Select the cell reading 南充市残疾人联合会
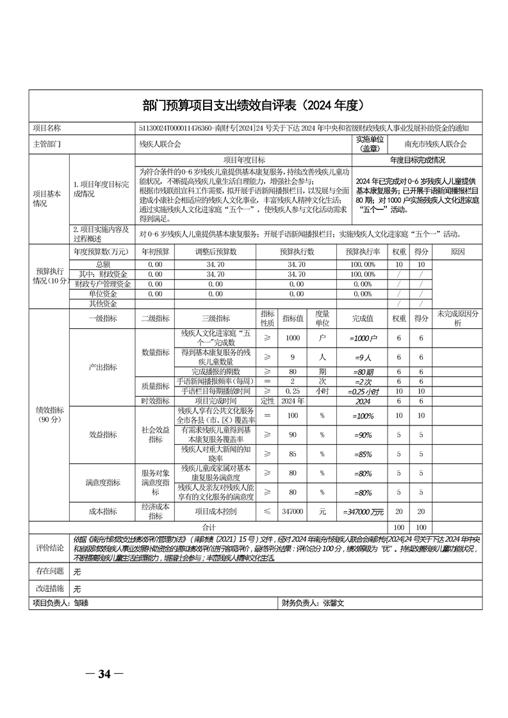pyautogui.click(x=435, y=144)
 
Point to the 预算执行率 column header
pyautogui.click(x=363, y=251)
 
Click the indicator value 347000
pyautogui.click(x=292, y=512)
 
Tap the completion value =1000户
pyautogui.click(x=363, y=337)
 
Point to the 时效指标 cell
pyautogui.click(x=154, y=401)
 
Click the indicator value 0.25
pyautogui.click(x=292, y=391)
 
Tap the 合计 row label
pyautogui.click(x=208, y=527)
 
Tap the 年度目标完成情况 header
pyautogui.click(x=417, y=160)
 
